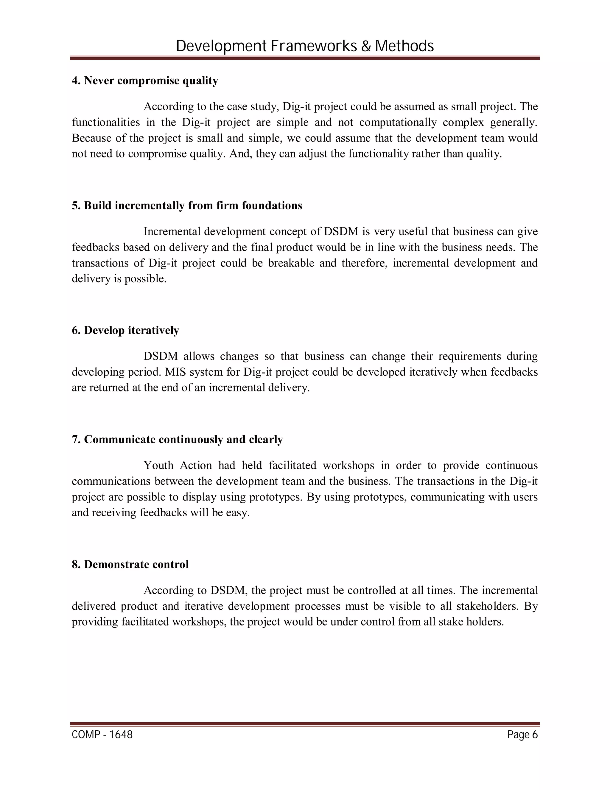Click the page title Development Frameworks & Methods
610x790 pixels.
pos(305,46)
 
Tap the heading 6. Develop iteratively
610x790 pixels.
pos(125,330)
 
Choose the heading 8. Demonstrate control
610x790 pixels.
pos(130,564)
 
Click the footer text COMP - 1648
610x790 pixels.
pos(102,735)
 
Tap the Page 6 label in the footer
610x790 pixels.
pos(522,735)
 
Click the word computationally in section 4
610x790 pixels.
pos(398,122)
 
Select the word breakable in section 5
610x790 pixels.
pos(291,263)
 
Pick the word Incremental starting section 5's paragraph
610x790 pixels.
pos(172,232)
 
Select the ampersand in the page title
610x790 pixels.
pos(366,46)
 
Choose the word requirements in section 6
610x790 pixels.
pos(470,356)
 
